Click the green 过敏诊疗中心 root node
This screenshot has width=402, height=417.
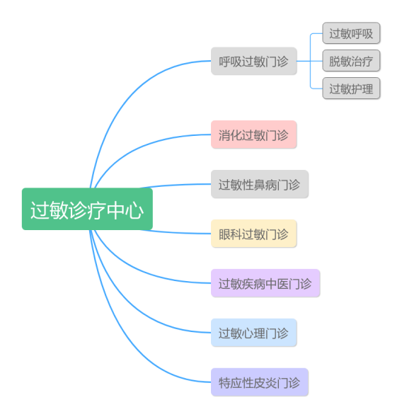click(87, 209)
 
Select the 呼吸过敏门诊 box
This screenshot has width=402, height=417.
click(254, 61)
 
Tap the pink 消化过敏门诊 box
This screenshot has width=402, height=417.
click(254, 135)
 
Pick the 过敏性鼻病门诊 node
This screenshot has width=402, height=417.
click(260, 184)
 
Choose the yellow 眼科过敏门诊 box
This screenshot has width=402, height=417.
click(254, 234)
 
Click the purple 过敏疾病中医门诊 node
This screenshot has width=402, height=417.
click(265, 283)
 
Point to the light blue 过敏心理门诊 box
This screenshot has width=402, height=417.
click(254, 333)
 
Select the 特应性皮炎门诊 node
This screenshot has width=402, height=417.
click(260, 382)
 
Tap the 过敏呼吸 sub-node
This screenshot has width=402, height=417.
click(351, 33)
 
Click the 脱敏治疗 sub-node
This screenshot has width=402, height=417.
click(351, 61)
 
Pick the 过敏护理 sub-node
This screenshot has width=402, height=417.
click(351, 88)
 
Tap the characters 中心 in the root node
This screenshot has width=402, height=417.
click(125, 210)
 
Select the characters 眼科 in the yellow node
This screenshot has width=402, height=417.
click(230, 234)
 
